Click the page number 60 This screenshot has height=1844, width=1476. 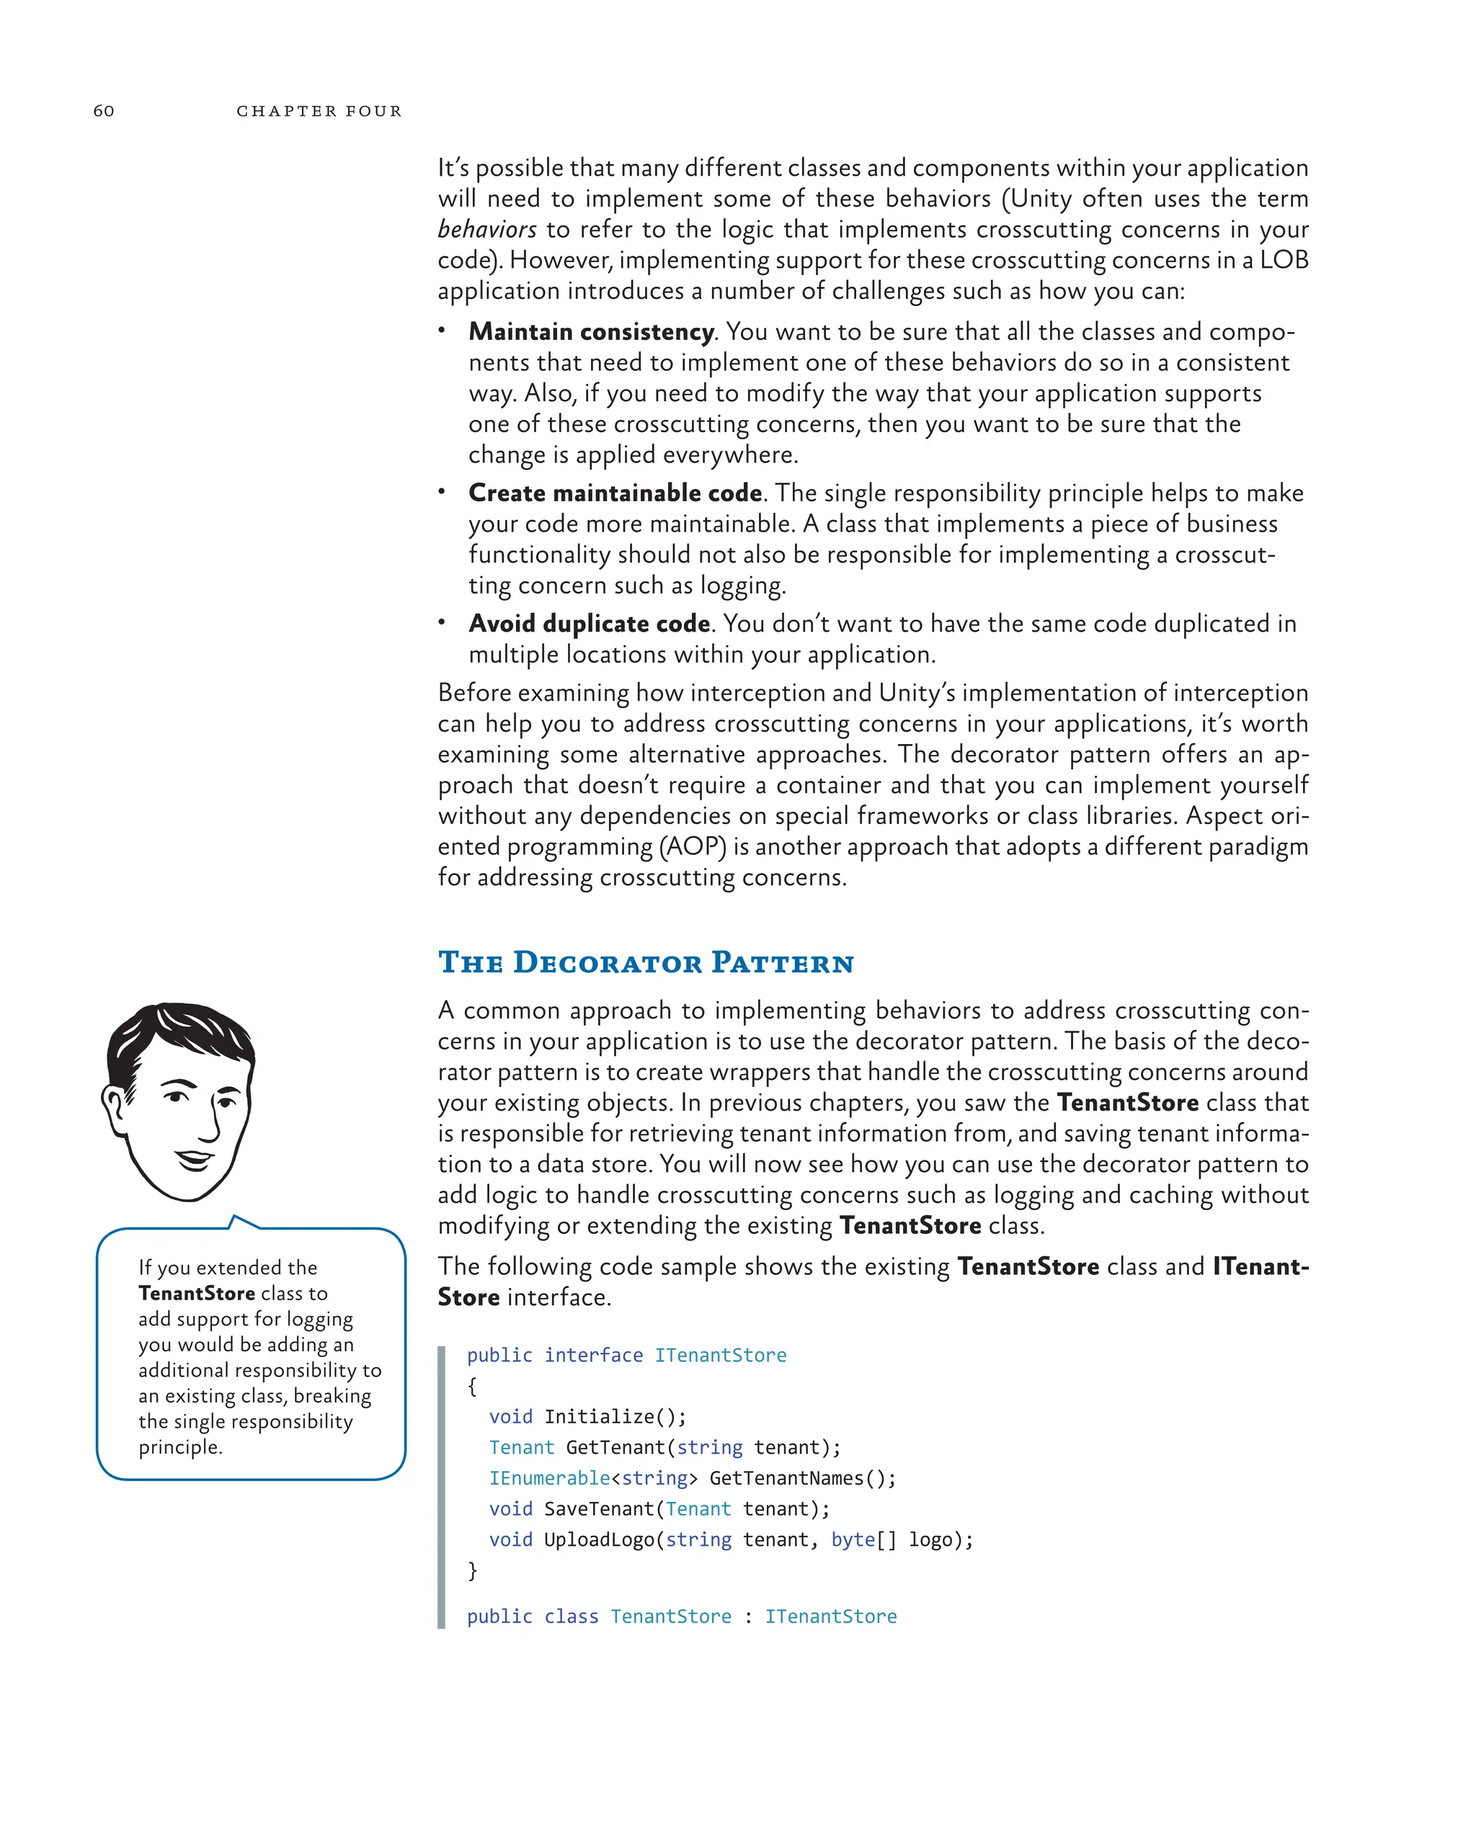pos(104,110)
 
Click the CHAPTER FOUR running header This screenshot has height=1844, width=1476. pos(319,111)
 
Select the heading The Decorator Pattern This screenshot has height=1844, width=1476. pos(646,962)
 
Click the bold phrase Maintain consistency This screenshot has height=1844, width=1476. pos(590,332)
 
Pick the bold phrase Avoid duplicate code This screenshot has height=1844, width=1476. pos(589,624)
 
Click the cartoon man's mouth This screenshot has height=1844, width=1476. pos(195,1160)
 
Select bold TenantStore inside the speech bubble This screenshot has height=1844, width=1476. pos(197,1293)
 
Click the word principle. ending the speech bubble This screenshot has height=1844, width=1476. pos(181,1447)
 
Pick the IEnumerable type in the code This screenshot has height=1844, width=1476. pos(548,1478)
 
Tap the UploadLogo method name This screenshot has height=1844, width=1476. pos(598,1539)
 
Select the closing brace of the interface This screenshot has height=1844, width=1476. pos(472,1570)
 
